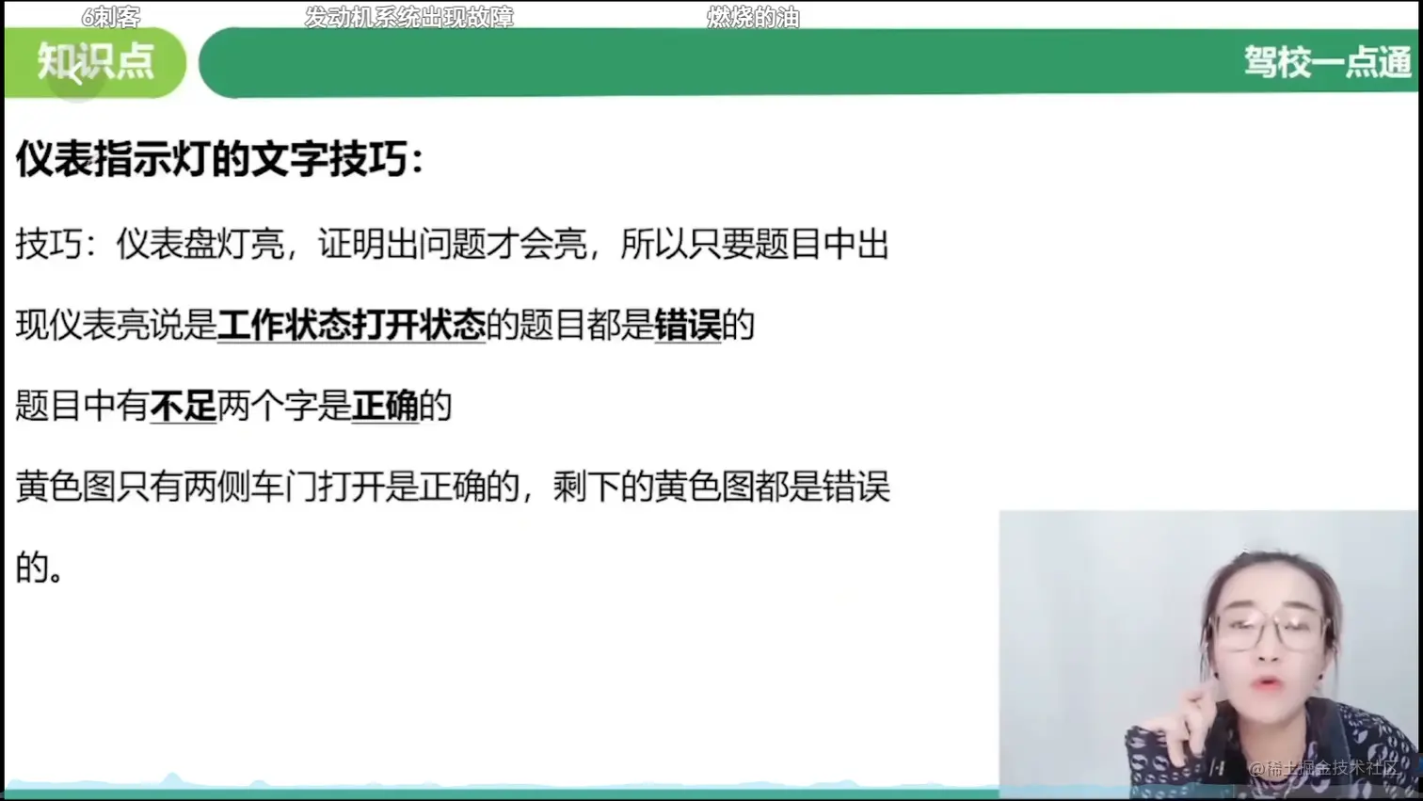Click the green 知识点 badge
point(95,62)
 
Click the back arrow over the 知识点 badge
point(76,75)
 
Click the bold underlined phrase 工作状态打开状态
point(351,326)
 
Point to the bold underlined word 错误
point(688,326)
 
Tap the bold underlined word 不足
point(184,406)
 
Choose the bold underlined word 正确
point(385,406)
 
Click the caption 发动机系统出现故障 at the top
point(409,17)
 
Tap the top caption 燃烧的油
point(754,17)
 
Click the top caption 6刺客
point(111,17)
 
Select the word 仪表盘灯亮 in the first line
point(200,244)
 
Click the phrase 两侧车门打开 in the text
point(284,488)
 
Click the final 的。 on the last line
point(40,568)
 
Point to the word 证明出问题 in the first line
point(402,244)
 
